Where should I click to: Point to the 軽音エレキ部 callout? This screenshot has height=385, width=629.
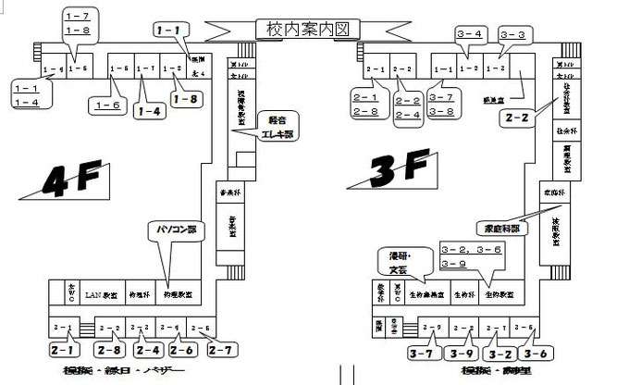click(x=275, y=125)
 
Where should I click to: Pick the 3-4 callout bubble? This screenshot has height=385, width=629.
click(x=471, y=35)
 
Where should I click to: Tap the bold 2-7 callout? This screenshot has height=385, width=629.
click(x=222, y=351)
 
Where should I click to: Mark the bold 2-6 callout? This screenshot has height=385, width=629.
click(x=182, y=351)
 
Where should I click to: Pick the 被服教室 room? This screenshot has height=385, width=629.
click(x=557, y=227)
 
